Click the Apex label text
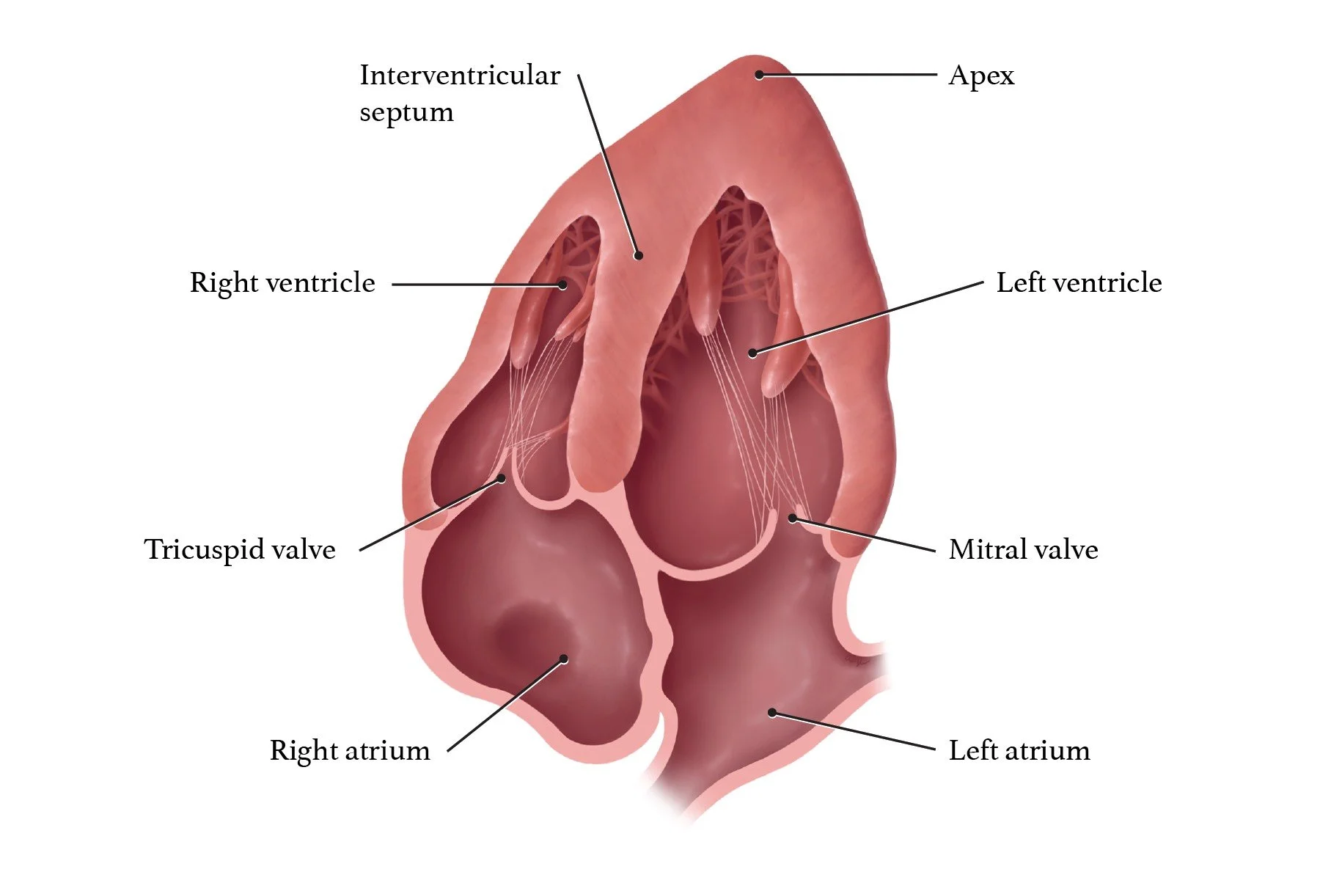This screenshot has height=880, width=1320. pyautogui.click(x=981, y=76)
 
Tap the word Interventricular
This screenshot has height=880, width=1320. pyautogui.click(x=460, y=76)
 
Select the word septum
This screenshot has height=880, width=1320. pyautogui.click(x=406, y=112)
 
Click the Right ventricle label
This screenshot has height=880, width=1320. pyautogui.click(x=282, y=283)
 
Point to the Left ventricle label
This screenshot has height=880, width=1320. pyautogui.click(x=1079, y=283)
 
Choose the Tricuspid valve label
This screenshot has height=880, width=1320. pyautogui.click(x=240, y=549)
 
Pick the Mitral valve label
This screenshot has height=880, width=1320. pyautogui.click(x=1023, y=549)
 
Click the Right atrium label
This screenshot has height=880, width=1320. pyautogui.click(x=350, y=750)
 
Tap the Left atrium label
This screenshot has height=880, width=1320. pyautogui.click(x=1019, y=750)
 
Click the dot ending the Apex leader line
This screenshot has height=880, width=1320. pyautogui.click(x=760, y=75)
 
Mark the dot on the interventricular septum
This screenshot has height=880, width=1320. pyautogui.click(x=639, y=256)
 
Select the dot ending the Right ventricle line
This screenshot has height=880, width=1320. pyautogui.click(x=562, y=285)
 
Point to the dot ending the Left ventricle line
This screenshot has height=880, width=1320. pyautogui.click(x=752, y=353)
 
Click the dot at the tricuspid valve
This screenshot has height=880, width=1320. pyautogui.click(x=502, y=478)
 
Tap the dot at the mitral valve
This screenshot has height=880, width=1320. pyautogui.click(x=793, y=518)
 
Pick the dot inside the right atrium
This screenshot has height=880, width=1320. pyautogui.click(x=563, y=659)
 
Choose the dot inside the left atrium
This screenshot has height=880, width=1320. pyautogui.click(x=772, y=712)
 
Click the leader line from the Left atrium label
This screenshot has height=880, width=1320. pyautogui.click(x=854, y=731)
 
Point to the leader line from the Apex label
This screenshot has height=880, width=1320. pyautogui.click(x=851, y=75)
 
